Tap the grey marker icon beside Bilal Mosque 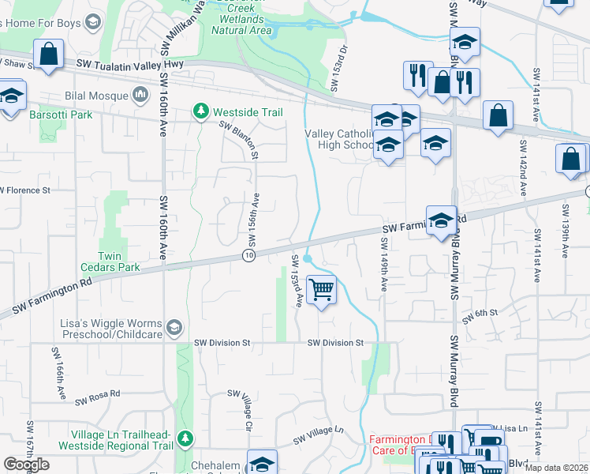[x=141, y=96]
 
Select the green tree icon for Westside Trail [x=201, y=112]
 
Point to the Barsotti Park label [x=61, y=115]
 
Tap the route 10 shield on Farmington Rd [x=249, y=256]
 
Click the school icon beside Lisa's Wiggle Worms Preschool [x=174, y=326]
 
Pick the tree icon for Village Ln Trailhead [x=185, y=438]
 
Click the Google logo [x=26, y=465]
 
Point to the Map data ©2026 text [x=556, y=468]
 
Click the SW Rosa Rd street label [x=97, y=397]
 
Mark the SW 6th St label [x=481, y=313]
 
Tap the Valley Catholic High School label [x=340, y=139]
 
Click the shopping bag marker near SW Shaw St [x=49, y=55]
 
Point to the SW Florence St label [x=25, y=190]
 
